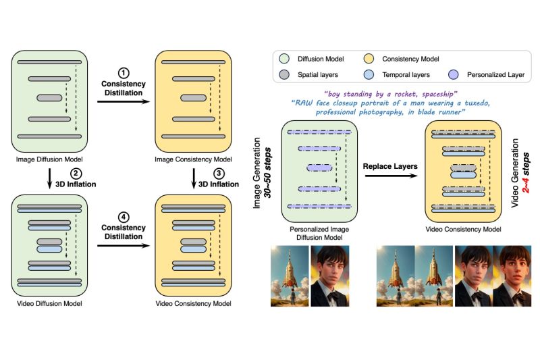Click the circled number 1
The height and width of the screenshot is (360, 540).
tap(124, 73)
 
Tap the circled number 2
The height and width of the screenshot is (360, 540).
tap(76, 174)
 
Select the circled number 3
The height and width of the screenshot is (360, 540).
tap(219, 174)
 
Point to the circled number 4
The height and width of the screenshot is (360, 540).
tap(124, 217)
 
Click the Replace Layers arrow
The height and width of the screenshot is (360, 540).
tap(391, 176)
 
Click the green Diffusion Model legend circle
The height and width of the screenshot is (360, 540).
tap(284, 59)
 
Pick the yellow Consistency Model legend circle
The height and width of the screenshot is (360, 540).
tap(369, 59)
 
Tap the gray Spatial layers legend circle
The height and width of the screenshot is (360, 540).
tap(284, 74)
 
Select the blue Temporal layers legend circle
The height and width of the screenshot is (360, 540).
tap(369, 74)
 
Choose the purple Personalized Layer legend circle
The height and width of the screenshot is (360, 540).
tap(454, 74)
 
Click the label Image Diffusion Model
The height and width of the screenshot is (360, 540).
tap(49, 159)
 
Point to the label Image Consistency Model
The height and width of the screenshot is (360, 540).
tap(193, 159)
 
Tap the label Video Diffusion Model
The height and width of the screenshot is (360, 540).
tap(49, 303)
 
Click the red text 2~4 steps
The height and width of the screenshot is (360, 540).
tap(526, 173)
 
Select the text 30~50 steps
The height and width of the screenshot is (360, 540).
tap(267, 173)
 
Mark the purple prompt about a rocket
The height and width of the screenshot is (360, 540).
tap(391, 94)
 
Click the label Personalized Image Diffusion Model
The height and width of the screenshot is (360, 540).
tap(319, 233)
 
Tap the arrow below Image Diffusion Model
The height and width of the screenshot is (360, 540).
tap(49, 178)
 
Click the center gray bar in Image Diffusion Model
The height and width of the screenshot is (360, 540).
tap(49, 98)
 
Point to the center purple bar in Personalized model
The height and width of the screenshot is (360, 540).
tap(319, 168)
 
